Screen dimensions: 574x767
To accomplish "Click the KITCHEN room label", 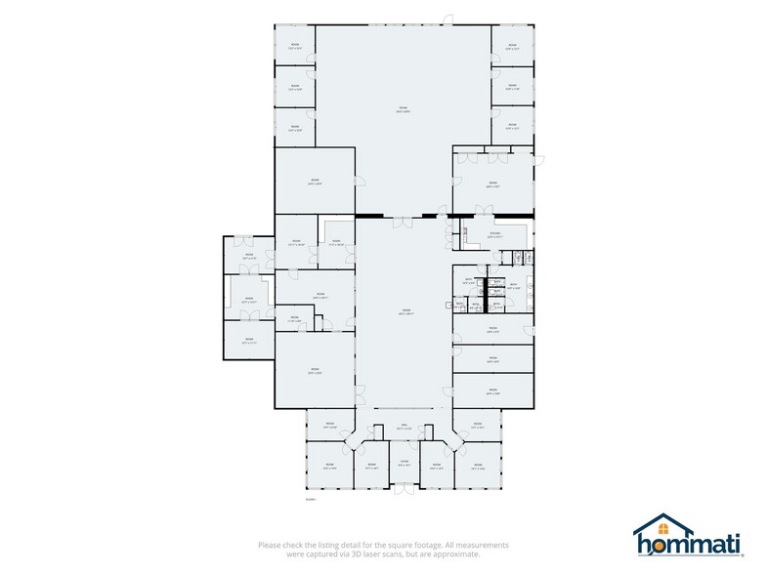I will click(x=494, y=234).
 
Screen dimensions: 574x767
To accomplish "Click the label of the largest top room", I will click(x=403, y=109).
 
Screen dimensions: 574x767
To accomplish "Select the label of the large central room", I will click(x=404, y=312).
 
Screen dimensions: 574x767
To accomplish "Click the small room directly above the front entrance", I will click(x=404, y=463).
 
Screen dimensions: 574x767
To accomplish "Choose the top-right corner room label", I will click(x=511, y=46).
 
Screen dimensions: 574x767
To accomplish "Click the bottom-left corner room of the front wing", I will click(x=329, y=466).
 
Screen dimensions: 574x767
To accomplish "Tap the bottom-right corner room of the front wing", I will click(x=477, y=466).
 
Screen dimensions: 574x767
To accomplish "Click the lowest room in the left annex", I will click(x=248, y=341).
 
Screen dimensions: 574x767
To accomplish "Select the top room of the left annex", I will click(x=248, y=256).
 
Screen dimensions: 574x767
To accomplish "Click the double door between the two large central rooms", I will click(x=403, y=222).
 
